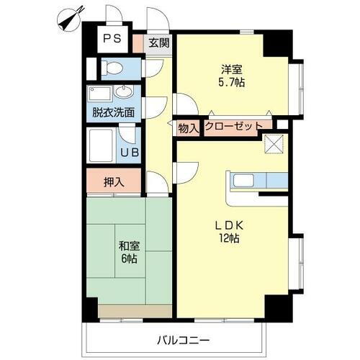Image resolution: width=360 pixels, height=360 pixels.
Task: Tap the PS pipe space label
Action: point(111,39)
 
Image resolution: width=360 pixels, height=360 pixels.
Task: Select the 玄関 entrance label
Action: point(159,42)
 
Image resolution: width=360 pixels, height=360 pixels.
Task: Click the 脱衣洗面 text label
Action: point(114,112)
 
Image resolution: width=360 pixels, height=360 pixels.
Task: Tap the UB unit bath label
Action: point(130,152)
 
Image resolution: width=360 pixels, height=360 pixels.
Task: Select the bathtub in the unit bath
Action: point(102,146)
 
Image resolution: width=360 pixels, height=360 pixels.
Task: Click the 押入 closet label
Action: point(114,181)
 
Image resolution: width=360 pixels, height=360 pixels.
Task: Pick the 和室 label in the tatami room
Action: point(129,245)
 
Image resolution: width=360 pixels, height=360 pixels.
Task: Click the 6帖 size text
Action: point(130,258)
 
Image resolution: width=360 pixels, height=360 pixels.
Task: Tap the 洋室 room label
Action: point(231,69)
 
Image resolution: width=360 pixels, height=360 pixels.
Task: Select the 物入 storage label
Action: point(188,127)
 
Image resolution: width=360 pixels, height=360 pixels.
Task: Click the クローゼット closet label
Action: point(234,126)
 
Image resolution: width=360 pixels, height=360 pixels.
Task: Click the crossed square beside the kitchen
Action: point(275,144)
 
